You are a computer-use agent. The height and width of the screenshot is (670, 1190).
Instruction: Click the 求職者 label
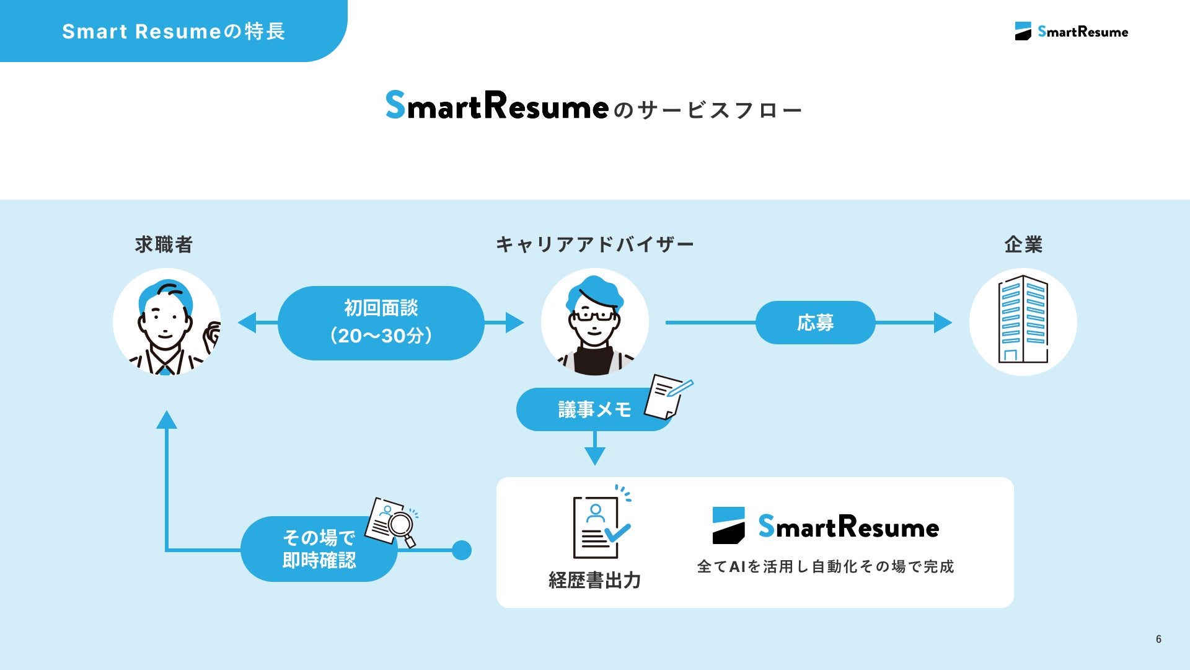[164, 244]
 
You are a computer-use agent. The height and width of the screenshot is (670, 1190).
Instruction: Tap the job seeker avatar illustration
[167, 322]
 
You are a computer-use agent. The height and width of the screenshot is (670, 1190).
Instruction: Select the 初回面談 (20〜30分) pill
[381, 323]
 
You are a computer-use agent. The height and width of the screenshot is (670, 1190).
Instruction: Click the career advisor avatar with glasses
[594, 323]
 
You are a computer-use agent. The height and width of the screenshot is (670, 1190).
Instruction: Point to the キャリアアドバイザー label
[594, 244]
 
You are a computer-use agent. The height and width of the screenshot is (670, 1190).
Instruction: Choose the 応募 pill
[815, 323]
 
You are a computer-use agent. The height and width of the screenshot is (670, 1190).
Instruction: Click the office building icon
[1023, 320]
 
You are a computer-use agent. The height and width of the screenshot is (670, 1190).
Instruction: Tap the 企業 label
[1023, 244]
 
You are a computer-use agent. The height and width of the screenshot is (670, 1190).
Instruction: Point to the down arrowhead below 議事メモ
[595, 456]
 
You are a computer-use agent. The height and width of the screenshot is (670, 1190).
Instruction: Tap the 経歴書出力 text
[594, 581]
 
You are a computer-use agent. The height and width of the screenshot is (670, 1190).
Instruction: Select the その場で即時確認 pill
[319, 549]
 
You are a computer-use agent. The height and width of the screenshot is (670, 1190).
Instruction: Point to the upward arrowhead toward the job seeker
[167, 420]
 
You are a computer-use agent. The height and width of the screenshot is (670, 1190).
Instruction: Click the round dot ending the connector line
[462, 550]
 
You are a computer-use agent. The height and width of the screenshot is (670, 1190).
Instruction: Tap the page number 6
[1158, 639]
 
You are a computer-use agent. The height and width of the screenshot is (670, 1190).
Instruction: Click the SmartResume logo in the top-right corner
[1072, 32]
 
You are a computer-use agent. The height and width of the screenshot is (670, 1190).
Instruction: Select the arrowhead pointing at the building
[942, 323]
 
